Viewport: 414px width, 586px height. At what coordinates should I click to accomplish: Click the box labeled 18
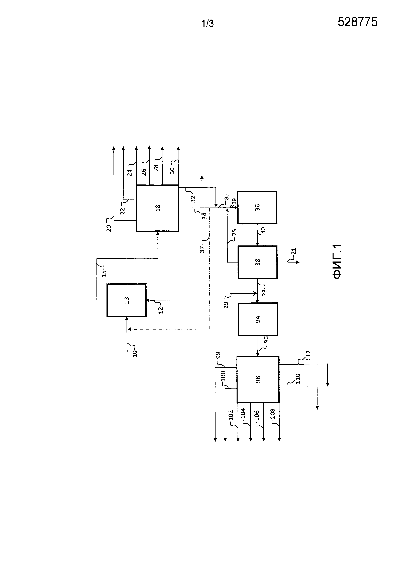[158, 208]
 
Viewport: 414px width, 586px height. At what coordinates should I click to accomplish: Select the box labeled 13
[126, 300]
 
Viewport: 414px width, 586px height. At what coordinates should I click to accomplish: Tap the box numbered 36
[257, 208]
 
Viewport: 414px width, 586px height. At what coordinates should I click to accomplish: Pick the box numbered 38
[257, 262]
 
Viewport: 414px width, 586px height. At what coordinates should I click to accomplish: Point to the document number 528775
[357, 22]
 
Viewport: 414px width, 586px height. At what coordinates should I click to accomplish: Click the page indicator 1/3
[207, 24]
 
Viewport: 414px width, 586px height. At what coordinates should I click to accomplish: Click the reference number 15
[104, 273]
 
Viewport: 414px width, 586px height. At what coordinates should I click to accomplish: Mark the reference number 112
[308, 355]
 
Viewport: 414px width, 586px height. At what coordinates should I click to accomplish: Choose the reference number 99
[218, 355]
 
